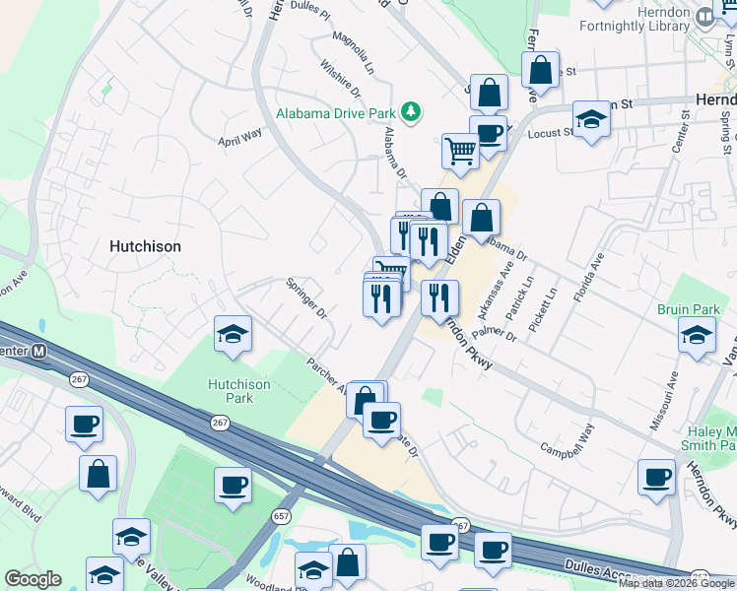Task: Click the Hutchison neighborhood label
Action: (145, 246)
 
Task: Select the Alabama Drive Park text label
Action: (335, 113)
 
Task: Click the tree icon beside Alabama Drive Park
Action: (413, 113)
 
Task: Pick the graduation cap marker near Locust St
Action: (591, 119)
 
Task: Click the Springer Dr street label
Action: (306, 299)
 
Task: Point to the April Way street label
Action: (239, 136)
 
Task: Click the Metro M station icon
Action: (39, 351)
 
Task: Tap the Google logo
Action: (33, 579)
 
